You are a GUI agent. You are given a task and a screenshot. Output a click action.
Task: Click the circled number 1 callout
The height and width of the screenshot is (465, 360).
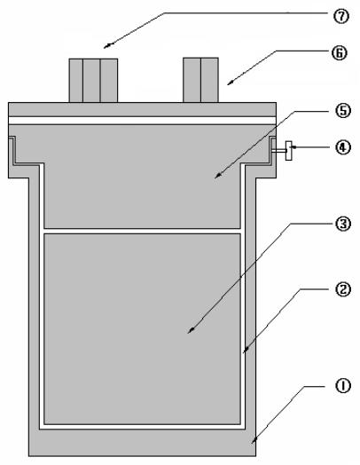(342, 386)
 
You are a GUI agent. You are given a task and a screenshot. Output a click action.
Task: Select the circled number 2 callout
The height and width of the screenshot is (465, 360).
(343, 289)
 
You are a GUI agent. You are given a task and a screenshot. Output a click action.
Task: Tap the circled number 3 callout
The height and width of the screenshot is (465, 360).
(343, 224)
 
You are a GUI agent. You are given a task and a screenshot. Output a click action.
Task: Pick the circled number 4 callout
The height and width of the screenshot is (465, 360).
(343, 147)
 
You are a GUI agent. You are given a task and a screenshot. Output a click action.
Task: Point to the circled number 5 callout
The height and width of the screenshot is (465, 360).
(343, 111)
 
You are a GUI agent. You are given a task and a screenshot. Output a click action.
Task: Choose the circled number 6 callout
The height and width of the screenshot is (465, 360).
(340, 53)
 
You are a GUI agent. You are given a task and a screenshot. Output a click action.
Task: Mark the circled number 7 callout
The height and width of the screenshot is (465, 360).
(341, 16)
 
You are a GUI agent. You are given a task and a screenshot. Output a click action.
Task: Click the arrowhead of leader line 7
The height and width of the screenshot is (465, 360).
(106, 46)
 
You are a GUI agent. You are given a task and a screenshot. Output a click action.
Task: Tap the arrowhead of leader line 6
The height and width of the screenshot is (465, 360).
(230, 83)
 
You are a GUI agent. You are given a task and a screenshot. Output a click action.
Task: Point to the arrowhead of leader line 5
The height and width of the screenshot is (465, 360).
(217, 177)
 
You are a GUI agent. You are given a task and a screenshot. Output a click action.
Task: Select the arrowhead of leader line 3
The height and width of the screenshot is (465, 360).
(191, 331)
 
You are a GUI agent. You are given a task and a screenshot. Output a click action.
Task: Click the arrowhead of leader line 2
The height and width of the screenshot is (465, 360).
(245, 351)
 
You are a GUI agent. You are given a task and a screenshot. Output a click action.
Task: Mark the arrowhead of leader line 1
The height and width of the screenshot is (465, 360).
(254, 441)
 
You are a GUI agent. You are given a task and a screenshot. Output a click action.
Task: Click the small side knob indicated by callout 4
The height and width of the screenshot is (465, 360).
(288, 151)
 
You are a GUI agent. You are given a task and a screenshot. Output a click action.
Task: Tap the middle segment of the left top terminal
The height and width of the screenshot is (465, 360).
(91, 81)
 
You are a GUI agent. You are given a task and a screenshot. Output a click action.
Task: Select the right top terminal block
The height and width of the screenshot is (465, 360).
(200, 80)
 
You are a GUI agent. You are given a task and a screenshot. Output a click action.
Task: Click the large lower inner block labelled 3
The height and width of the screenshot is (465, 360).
(142, 329)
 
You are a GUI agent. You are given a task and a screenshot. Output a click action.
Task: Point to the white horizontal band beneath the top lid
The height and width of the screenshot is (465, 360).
(142, 121)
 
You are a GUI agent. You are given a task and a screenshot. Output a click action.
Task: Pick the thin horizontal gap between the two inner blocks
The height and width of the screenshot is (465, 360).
(142, 231)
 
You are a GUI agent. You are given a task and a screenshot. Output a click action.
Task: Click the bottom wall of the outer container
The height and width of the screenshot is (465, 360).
(142, 443)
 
